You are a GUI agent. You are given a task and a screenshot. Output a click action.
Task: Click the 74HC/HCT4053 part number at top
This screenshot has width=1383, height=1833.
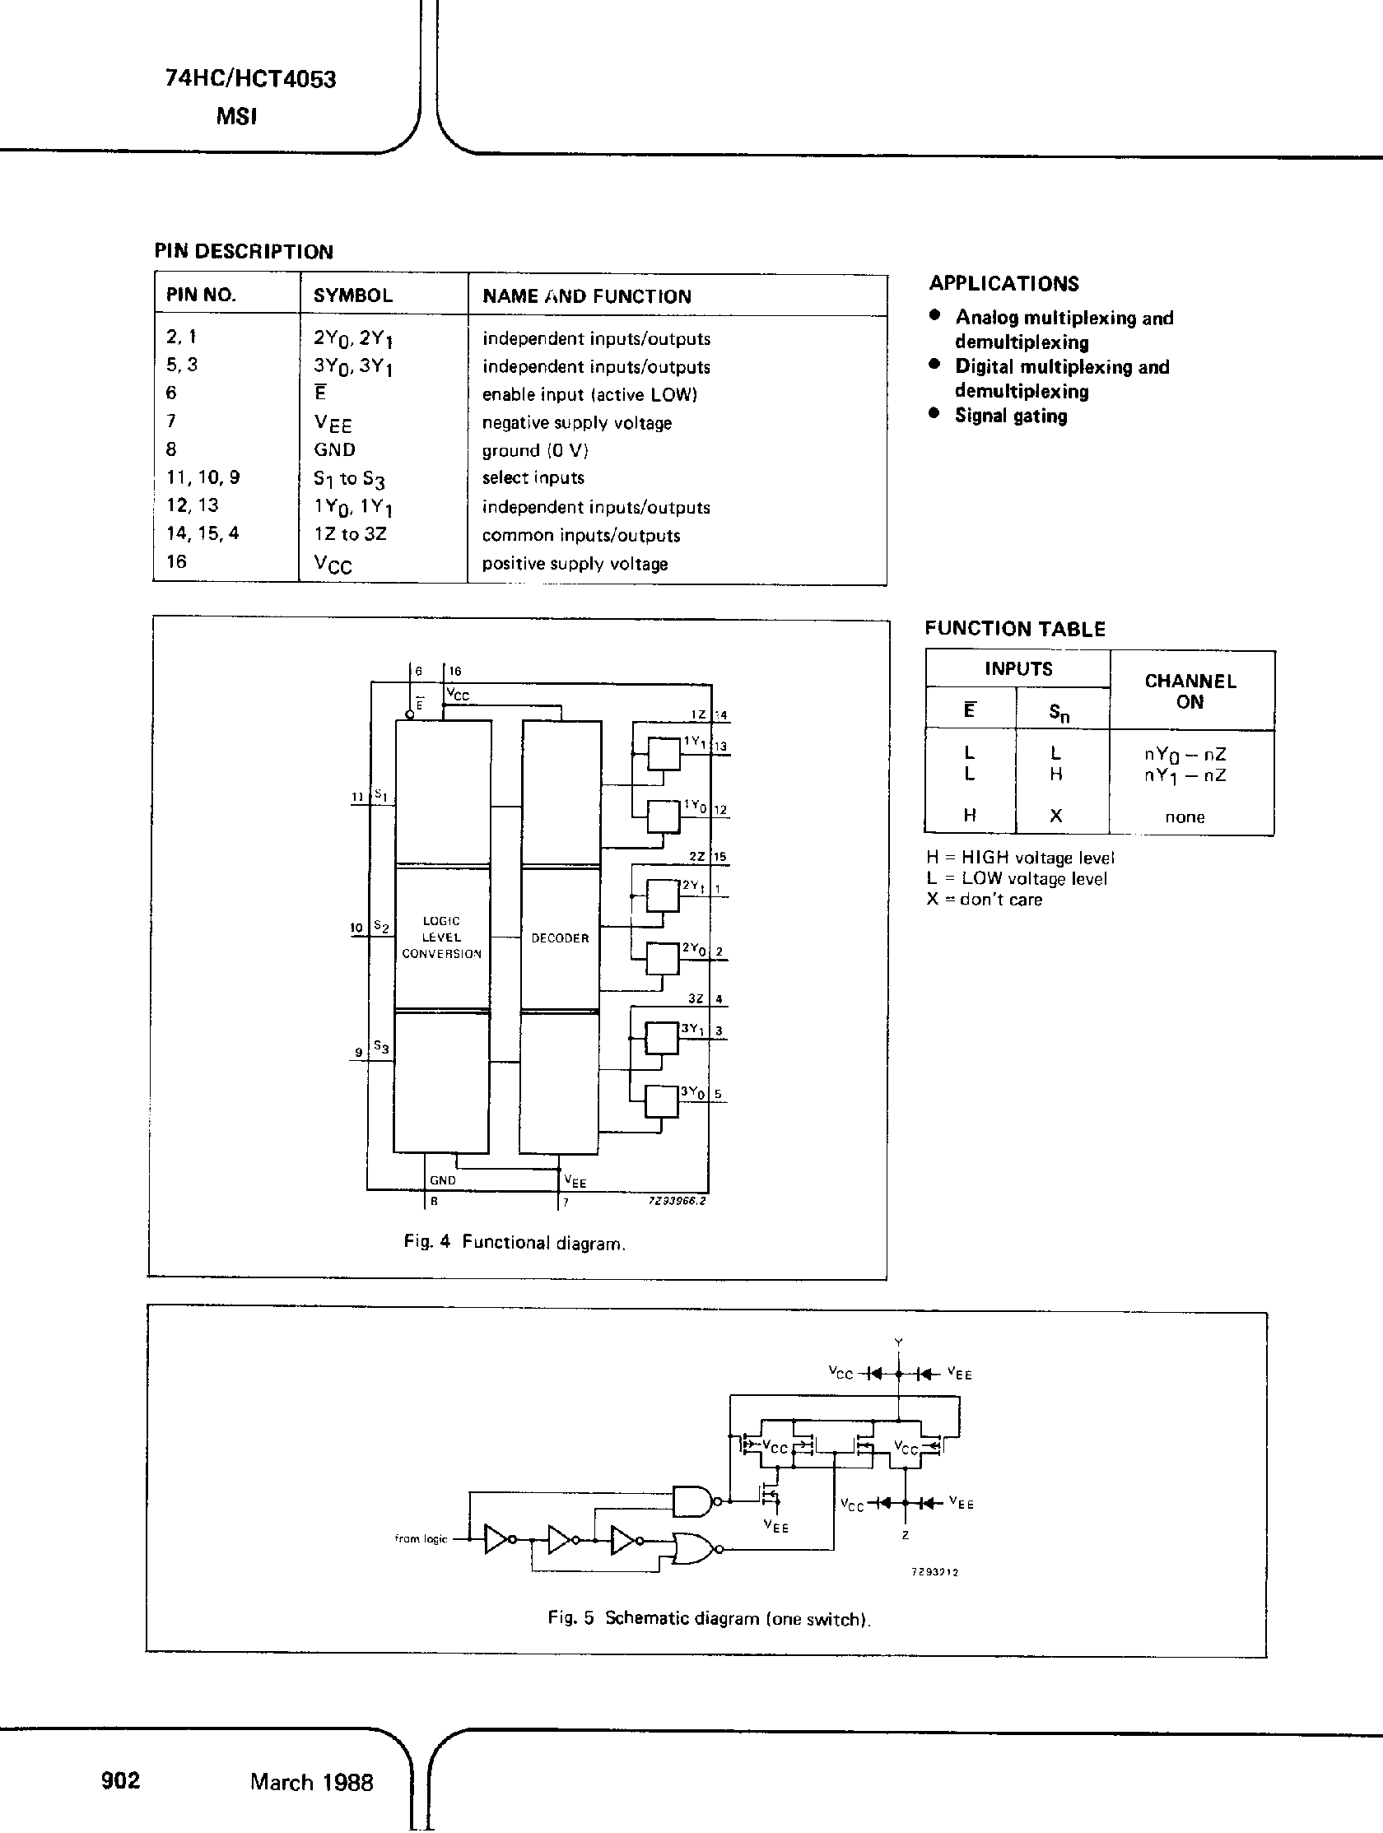[250, 80]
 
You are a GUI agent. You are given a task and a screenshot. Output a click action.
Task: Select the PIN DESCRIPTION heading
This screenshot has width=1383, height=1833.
[244, 252]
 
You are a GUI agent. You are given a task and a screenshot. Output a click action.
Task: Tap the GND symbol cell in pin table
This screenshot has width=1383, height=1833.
[334, 450]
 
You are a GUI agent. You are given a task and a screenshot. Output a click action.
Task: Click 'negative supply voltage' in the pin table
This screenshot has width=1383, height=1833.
[577, 422]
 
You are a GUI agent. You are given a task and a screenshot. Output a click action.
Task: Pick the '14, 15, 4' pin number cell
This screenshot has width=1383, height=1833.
[203, 533]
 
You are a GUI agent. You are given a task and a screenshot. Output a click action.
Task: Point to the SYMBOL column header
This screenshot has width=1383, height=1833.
[352, 295]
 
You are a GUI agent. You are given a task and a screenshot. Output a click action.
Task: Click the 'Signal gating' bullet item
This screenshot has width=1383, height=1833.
[1010, 416]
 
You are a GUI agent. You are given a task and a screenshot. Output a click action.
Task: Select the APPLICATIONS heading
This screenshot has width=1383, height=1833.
[1003, 283]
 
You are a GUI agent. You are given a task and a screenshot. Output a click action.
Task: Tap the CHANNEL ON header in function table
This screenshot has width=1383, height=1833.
[1190, 691]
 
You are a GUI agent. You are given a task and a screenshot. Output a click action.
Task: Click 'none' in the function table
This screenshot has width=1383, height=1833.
[1184, 817]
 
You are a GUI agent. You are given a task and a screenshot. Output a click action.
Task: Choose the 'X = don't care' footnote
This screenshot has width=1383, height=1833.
[984, 900]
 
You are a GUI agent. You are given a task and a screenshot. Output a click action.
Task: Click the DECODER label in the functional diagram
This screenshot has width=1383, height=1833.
[559, 938]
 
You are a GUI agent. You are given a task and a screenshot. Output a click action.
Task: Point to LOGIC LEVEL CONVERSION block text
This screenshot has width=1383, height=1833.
[441, 937]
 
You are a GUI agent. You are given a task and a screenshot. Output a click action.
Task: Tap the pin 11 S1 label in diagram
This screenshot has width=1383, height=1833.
[370, 796]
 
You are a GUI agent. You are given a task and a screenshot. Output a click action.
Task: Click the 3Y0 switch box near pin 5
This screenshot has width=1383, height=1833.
[660, 1101]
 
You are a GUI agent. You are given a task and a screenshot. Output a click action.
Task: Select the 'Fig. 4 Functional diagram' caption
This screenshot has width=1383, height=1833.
[514, 1242]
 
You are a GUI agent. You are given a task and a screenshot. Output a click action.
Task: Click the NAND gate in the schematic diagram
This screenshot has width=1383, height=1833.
[692, 1500]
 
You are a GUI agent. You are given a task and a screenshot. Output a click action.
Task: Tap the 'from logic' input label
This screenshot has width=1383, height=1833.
[420, 1539]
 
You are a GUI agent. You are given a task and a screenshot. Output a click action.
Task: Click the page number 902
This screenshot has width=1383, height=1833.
[121, 1780]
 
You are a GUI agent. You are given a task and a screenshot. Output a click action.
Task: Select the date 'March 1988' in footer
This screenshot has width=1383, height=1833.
[311, 1782]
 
